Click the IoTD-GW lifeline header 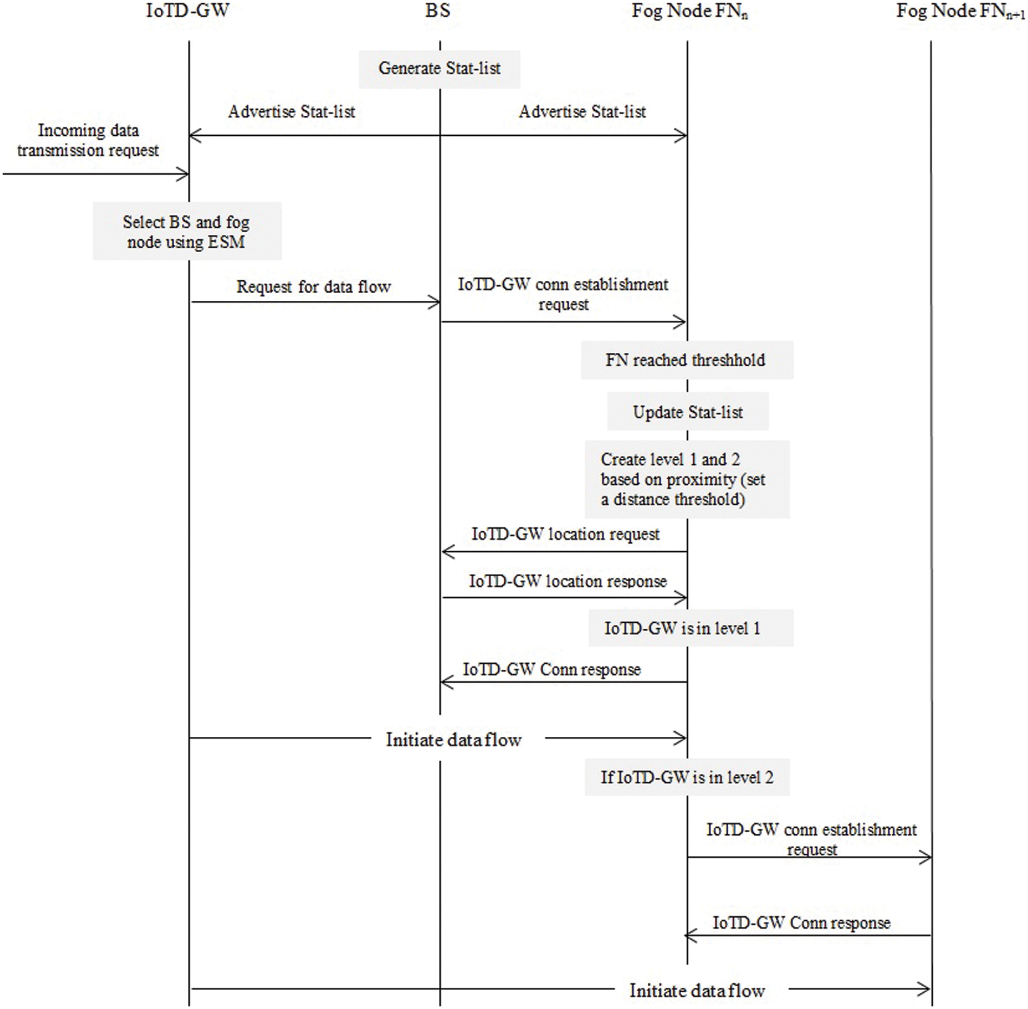pyautogui.click(x=187, y=11)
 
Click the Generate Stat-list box pyautogui.click(x=439, y=69)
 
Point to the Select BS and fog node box pyautogui.click(x=187, y=232)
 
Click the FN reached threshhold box pyautogui.click(x=686, y=360)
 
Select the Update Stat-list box pyautogui.click(x=688, y=412)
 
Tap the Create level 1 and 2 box pyautogui.click(x=687, y=479)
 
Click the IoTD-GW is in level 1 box pyautogui.click(x=690, y=628)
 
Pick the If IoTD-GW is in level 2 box pyautogui.click(x=687, y=777)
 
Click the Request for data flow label pyautogui.click(x=313, y=287)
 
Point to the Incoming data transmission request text pyautogui.click(x=88, y=140)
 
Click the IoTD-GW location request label pyautogui.click(x=565, y=535)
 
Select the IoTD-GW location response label pyautogui.click(x=568, y=582)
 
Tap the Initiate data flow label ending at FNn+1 pyautogui.click(x=697, y=991)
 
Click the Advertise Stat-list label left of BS pyautogui.click(x=292, y=112)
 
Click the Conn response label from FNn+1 pyautogui.click(x=801, y=922)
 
